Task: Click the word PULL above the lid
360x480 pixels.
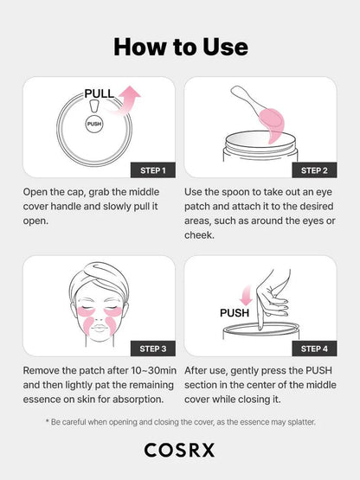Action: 99,93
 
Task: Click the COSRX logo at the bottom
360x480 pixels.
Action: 180,450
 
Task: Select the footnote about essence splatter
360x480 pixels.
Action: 180,421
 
